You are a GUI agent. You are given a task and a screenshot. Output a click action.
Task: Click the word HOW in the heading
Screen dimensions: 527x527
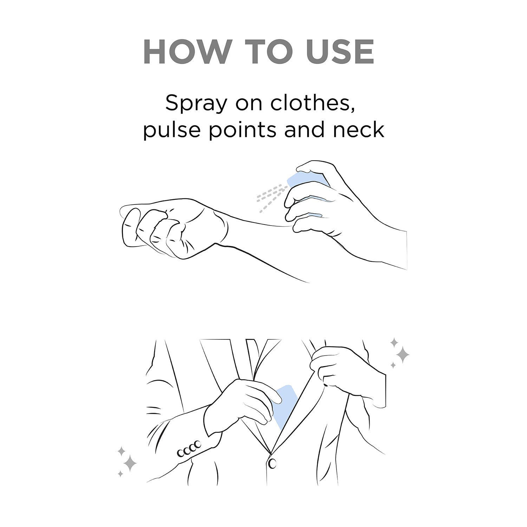(186, 52)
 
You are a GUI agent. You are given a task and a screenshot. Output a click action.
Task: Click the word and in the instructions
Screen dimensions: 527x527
(307, 130)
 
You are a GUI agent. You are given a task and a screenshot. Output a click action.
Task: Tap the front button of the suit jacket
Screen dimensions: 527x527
(272, 464)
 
